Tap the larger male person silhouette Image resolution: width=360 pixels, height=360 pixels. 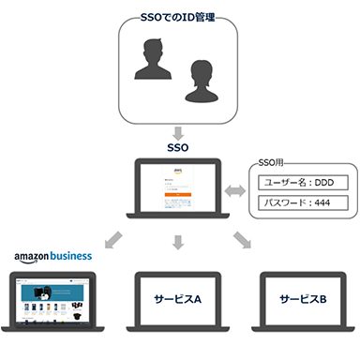[x=154, y=74]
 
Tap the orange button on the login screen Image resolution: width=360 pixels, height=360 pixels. [x=179, y=195]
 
